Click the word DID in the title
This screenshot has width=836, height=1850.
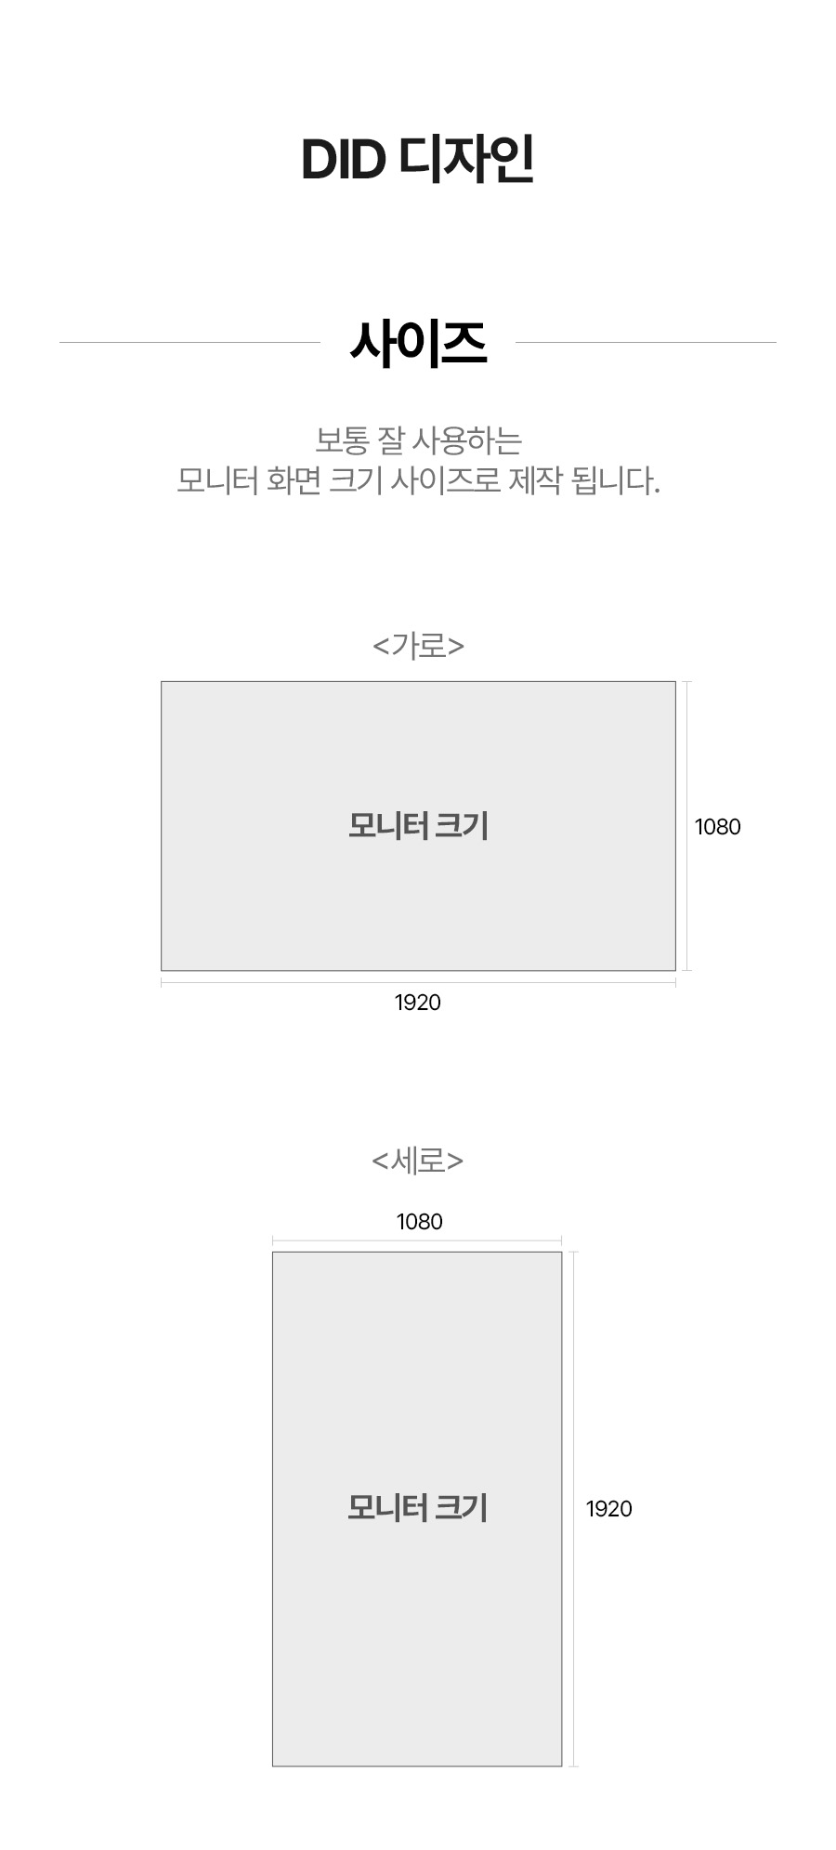[343, 161]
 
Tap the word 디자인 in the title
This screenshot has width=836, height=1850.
[466, 160]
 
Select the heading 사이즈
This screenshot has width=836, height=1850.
[418, 343]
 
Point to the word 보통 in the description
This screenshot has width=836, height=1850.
[343, 440]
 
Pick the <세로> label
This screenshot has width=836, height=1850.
[418, 1161]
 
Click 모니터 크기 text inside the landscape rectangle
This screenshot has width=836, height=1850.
[418, 825]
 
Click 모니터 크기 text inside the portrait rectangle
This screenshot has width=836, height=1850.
[418, 1507]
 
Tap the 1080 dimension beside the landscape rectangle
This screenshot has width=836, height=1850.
[717, 827]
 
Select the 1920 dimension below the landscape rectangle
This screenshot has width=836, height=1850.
[418, 1003]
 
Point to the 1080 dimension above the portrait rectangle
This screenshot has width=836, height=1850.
[420, 1222]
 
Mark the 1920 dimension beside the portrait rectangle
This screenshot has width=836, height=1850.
[608, 1509]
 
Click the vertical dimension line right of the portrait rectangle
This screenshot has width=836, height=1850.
[574, 1394]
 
